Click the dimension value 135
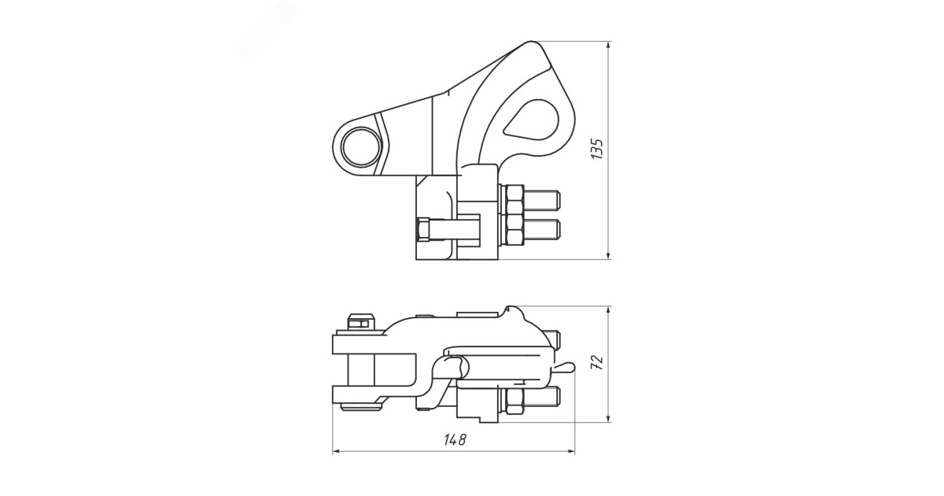(597, 149)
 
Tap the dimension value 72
(597, 363)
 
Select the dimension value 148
(455, 440)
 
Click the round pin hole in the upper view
(362, 146)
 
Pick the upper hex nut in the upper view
(514, 200)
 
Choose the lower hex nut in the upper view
(514, 230)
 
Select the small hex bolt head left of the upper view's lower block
(422, 230)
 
